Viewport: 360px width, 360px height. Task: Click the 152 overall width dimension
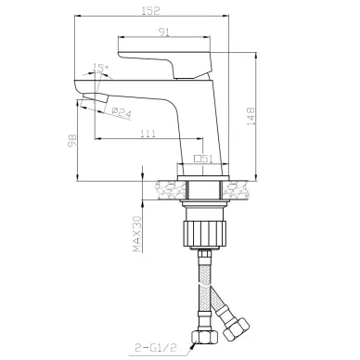(150, 10)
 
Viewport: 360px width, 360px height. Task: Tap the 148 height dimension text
(251, 116)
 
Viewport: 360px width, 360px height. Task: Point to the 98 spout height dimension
(72, 141)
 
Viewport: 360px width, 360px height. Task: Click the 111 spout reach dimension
(148, 134)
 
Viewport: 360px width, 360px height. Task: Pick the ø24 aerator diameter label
(122, 113)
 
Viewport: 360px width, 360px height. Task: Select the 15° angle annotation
(101, 68)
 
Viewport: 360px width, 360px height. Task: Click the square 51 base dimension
(203, 159)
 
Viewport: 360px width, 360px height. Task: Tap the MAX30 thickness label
(137, 234)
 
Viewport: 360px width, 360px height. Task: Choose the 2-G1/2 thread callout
(156, 348)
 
